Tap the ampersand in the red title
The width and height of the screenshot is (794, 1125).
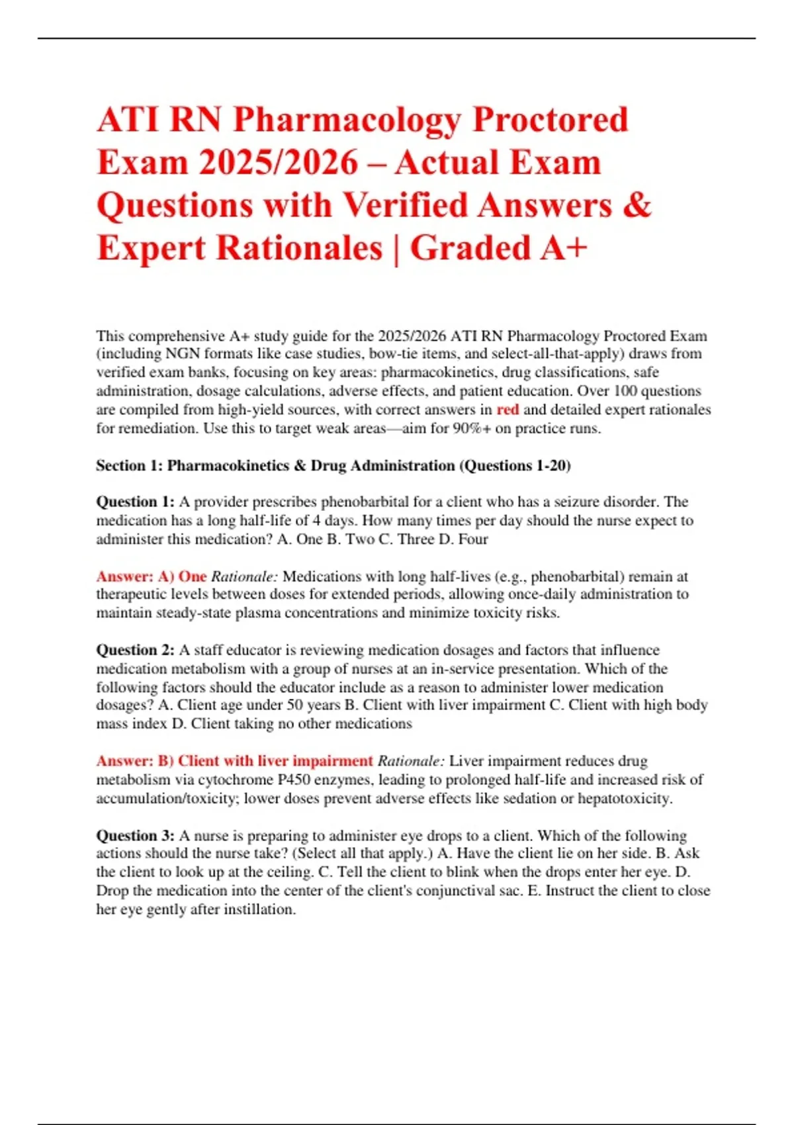pyautogui.click(x=637, y=205)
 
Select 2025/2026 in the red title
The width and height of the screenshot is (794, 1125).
pyautogui.click(x=279, y=163)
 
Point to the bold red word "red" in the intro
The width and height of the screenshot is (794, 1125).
pyautogui.click(x=507, y=410)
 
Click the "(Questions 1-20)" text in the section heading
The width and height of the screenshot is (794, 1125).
pyautogui.click(x=515, y=465)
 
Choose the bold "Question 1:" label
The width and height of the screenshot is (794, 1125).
pyautogui.click(x=136, y=502)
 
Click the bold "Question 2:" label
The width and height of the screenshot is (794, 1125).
pyautogui.click(x=136, y=650)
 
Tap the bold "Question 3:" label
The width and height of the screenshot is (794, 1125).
pyautogui.click(x=136, y=835)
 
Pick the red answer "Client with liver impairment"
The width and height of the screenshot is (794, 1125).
pyautogui.click(x=275, y=761)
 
